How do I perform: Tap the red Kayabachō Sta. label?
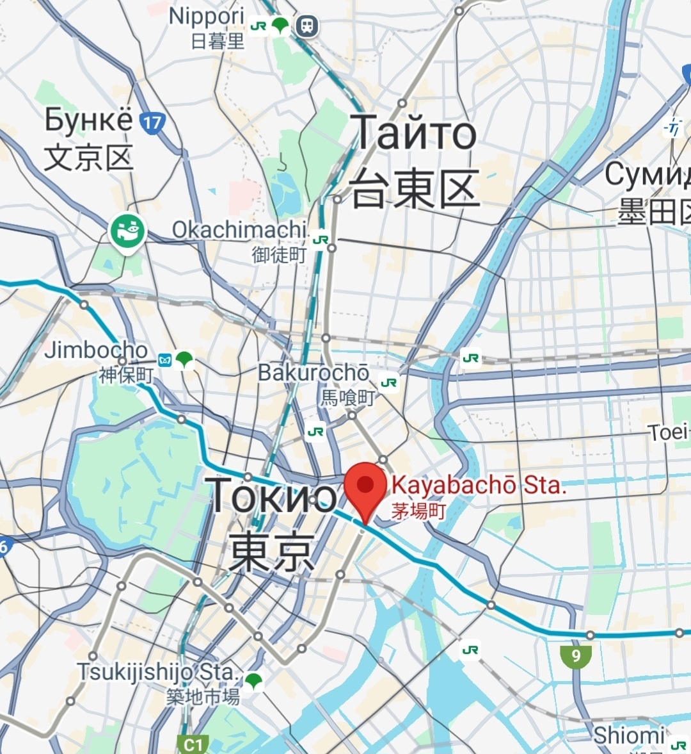(x=479, y=486)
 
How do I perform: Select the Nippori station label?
(x=207, y=17)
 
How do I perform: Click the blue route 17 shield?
(x=152, y=122)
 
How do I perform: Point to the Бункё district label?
(x=88, y=120)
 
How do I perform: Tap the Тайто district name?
(x=414, y=133)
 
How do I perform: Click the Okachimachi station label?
(x=239, y=230)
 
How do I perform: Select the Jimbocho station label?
(x=96, y=350)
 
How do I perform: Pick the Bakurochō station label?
(x=314, y=372)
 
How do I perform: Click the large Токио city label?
(x=272, y=495)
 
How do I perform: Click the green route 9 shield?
(x=576, y=655)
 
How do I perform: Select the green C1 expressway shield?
(x=193, y=744)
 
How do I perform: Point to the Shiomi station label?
(x=629, y=735)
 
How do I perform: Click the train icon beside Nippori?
(x=308, y=26)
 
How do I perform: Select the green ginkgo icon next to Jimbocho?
(x=185, y=359)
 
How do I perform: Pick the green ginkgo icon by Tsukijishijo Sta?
(x=254, y=680)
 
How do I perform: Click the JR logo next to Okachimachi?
(x=321, y=240)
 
